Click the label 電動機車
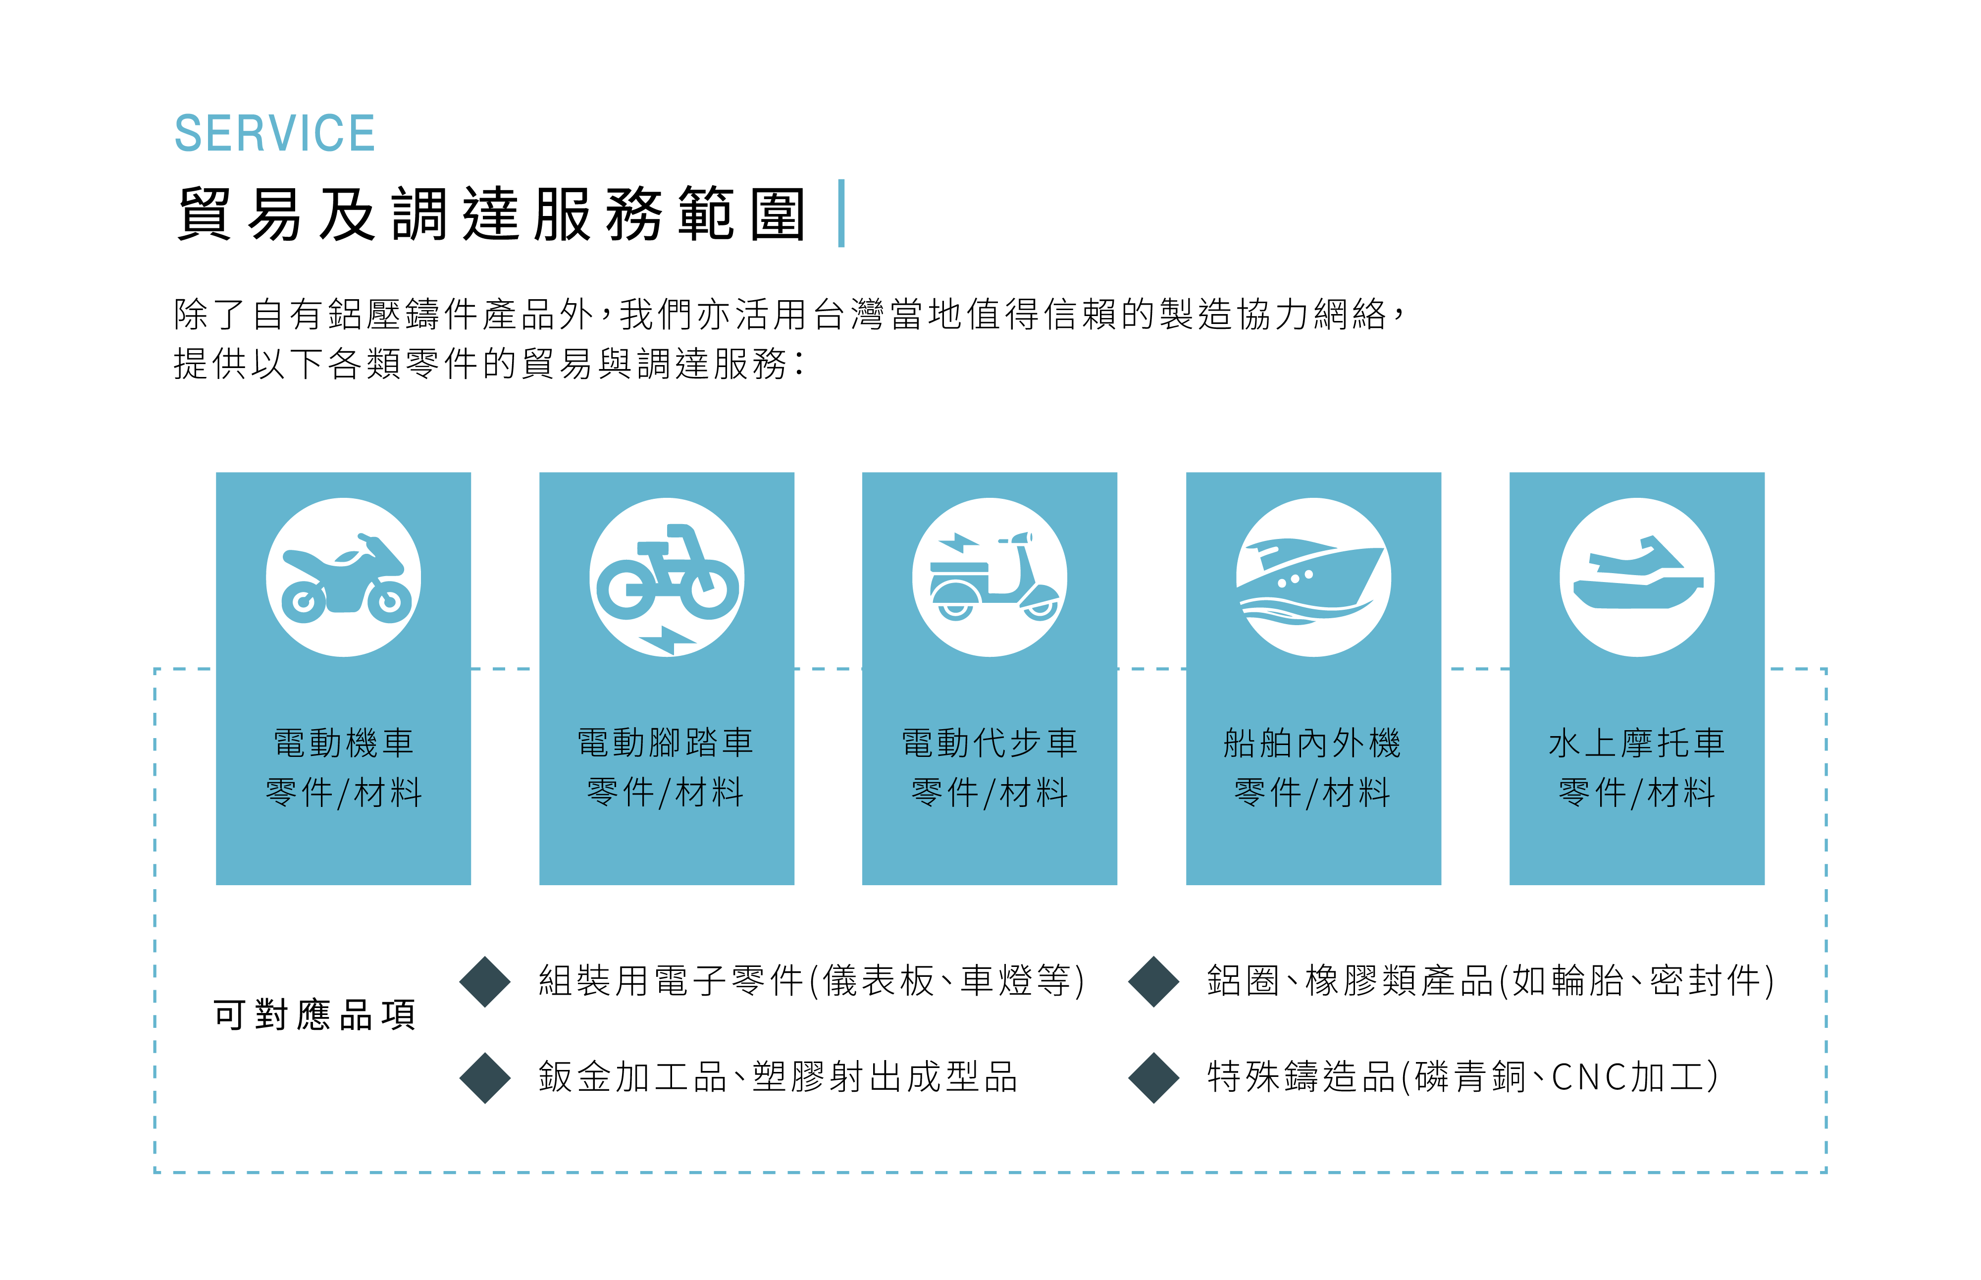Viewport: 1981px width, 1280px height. [x=343, y=742]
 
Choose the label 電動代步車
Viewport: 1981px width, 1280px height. [x=990, y=742]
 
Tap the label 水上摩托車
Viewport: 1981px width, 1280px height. [x=1636, y=742]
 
